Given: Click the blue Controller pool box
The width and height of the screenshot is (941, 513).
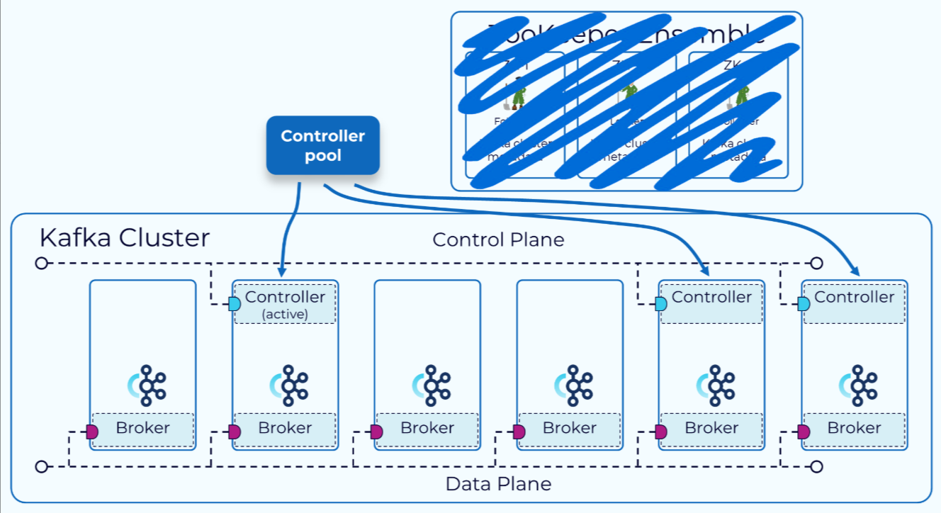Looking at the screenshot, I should point(323,145).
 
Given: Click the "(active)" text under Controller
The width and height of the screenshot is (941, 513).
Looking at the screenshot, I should point(285,314).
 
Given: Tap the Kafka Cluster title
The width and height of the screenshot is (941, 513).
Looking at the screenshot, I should point(125,237).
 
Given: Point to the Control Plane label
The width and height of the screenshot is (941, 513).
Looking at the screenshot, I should point(498,239).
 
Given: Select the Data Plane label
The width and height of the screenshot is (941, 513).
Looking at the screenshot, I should point(498,485).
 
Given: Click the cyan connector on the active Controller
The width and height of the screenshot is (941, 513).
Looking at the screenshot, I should point(235,304).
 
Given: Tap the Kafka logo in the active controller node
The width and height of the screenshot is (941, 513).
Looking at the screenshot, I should point(288,385).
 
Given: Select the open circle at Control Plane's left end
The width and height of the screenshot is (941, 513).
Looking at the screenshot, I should point(41,264).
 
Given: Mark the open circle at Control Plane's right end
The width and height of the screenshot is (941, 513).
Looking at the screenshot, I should point(816,264).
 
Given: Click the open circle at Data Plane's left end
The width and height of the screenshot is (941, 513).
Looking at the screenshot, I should point(41,466).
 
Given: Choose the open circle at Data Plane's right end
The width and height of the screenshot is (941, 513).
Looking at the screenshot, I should point(816,466).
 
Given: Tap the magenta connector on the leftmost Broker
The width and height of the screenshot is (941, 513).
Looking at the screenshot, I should point(91,432).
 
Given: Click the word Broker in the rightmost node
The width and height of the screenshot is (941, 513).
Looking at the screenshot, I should point(854,428).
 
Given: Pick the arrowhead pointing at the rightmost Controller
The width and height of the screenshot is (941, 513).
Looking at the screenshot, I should point(856,271).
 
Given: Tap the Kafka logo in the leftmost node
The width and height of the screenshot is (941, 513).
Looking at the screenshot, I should point(145,385).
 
